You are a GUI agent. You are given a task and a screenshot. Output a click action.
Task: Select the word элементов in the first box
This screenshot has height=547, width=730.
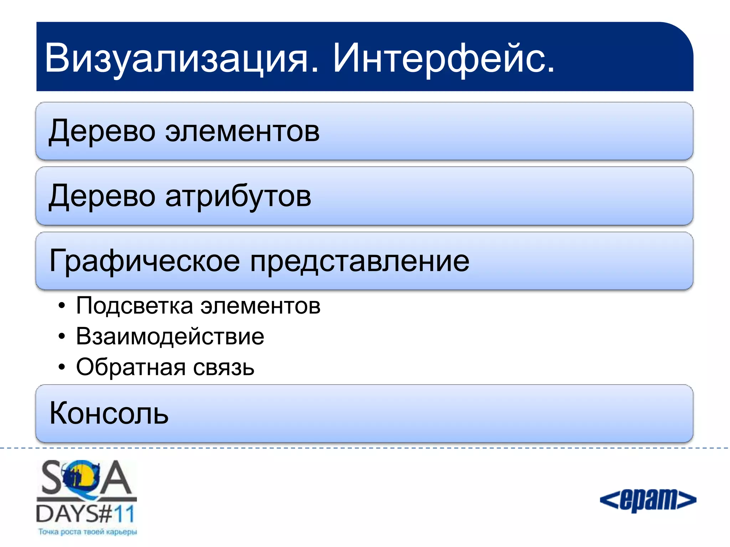(242, 132)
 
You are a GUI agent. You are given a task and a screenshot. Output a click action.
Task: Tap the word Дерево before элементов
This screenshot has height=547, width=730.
(102, 132)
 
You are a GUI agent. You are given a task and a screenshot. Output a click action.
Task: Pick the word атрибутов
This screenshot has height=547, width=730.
(238, 197)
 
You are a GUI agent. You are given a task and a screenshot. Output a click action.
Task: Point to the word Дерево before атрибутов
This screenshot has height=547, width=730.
(102, 197)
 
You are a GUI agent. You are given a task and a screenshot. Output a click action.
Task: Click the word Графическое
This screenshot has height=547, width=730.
(144, 261)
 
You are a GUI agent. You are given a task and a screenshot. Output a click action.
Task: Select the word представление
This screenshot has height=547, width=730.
(360, 261)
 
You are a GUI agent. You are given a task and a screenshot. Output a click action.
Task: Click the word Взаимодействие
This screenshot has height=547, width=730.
(170, 337)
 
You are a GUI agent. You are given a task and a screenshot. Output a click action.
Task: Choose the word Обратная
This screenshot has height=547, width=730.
(130, 368)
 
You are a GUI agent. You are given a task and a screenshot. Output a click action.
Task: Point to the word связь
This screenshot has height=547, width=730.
(224, 368)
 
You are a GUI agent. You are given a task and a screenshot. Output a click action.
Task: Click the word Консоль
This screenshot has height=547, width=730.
(109, 414)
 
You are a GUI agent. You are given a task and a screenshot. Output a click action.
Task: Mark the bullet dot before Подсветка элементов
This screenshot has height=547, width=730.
(62, 306)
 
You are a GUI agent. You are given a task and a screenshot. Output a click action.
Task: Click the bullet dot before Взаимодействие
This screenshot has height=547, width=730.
(62, 337)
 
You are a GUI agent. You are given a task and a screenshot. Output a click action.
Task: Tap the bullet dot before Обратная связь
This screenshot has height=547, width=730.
(62, 367)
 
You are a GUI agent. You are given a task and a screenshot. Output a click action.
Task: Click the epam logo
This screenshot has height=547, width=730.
(648, 500)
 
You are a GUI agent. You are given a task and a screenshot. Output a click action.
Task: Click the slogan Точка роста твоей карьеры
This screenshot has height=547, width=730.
(87, 532)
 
